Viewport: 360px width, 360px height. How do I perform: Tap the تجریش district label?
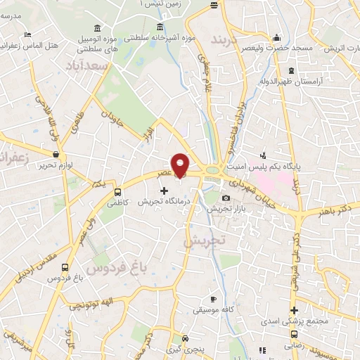click(203, 241)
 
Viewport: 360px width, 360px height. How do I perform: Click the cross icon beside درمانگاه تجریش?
click(165, 191)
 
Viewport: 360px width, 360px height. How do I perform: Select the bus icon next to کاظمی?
click(118, 191)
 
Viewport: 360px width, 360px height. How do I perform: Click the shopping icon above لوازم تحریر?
click(56, 153)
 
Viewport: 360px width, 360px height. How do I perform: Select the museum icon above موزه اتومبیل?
click(96, 28)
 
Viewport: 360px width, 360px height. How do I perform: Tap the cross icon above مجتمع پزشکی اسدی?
click(294, 310)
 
